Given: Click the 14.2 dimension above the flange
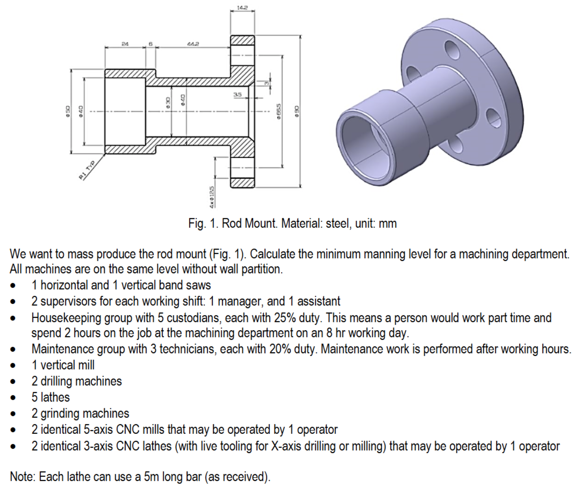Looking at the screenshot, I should tap(242, 7).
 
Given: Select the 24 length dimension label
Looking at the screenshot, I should tap(125, 44).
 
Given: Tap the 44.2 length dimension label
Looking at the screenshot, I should tap(193, 44).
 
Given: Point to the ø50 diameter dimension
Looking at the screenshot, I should tap(67, 111).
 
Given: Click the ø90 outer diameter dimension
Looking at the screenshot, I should tap(297, 112).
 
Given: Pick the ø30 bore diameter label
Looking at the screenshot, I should tap(168, 103).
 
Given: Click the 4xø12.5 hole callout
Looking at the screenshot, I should tap(212, 196).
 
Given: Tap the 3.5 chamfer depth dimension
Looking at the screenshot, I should tap(238, 95).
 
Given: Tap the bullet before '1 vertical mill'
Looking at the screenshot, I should tap(13, 365).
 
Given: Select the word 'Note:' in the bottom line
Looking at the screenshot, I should tap(23, 477).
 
